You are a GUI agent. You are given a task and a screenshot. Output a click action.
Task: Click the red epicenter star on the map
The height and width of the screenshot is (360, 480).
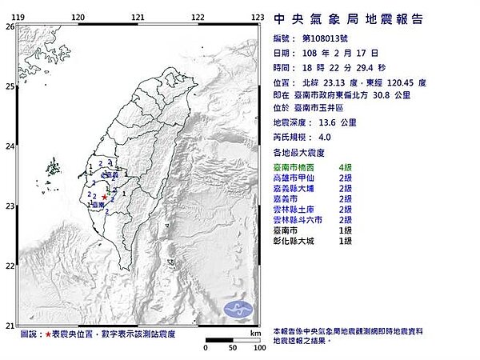click(x=105, y=197)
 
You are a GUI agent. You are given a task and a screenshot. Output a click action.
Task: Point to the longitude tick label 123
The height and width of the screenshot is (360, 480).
click(x=258, y=17)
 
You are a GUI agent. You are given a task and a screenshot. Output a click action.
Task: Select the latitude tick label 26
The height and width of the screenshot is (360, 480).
click(x=10, y=26)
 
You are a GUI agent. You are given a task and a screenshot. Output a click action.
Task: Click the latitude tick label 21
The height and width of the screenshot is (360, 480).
click(x=10, y=326)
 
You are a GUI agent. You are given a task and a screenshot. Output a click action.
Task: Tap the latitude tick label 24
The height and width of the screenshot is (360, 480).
click(x=10, y=146)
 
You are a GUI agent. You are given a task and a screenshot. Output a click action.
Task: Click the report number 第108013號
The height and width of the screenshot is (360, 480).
click(x=324, y=38)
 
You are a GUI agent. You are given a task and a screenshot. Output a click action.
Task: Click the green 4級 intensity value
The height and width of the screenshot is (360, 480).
click(x=346, y=166)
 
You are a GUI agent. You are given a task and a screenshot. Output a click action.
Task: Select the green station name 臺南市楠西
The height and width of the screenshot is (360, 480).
click(x=298, y=166)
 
